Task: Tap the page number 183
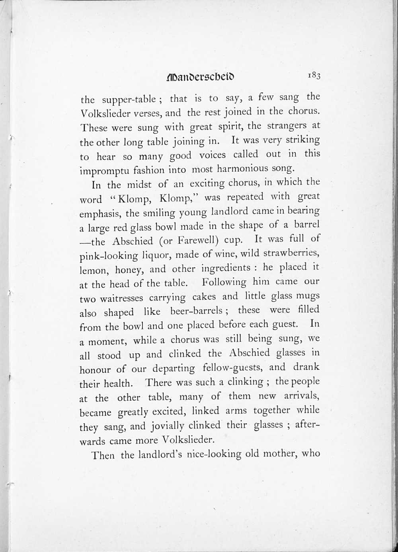tap(313, 75)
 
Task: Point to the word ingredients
tap(226, 268)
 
